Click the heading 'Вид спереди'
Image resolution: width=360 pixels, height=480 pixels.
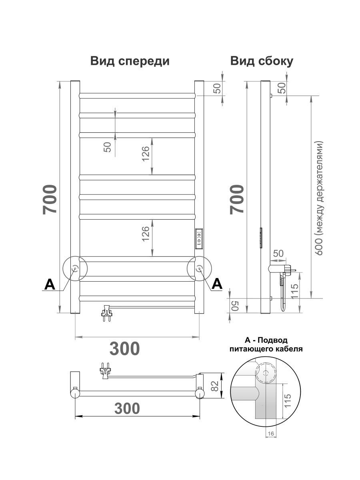[130, 61]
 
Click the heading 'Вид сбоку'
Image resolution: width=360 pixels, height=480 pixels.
[262, 61]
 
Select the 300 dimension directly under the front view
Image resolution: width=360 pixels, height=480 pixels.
[125, 348]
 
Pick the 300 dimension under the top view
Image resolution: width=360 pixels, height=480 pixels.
[127, 408]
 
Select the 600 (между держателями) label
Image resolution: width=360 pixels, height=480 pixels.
[319, 198]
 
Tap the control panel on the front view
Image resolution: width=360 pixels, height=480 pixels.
[199, 239]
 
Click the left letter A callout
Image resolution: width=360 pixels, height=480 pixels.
[49, 284]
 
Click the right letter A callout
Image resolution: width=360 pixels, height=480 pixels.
[217, 284]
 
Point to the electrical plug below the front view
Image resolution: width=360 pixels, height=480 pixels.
[107, 312]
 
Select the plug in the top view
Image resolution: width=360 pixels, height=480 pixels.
[105, 370]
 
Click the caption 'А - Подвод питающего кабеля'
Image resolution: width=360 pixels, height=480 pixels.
[266, 344]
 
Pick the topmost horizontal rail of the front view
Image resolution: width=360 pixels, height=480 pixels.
[138, 96]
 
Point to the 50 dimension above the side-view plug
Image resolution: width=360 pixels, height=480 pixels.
[278, 253]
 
